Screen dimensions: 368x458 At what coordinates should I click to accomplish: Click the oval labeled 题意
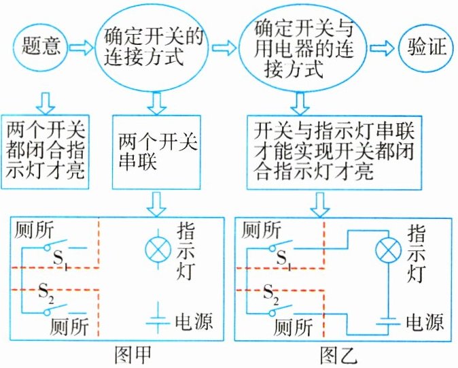click(39, 46)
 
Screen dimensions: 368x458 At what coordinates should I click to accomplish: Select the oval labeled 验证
click(426, 47)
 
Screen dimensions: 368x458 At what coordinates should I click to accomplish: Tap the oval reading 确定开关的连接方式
click(154, 47)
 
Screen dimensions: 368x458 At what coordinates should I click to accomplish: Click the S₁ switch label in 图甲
click(60, 261)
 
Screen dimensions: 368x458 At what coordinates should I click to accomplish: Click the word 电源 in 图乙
click(427, 320)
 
